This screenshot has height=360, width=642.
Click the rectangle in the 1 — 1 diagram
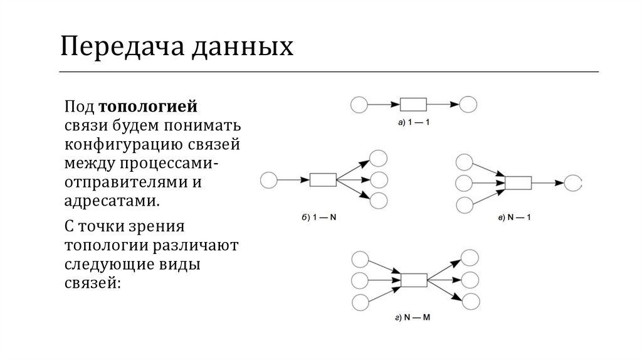[x=413, y=104]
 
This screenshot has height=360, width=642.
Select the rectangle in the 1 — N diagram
[x=323, y=180]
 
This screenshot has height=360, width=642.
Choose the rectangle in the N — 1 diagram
[x=518, y=183]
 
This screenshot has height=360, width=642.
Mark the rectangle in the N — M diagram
[x=413, y=279]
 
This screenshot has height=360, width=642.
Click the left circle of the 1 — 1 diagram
[x=359, y=105]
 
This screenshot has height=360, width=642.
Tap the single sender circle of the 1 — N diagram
[x=268, y=180]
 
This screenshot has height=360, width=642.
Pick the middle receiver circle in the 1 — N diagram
[x=379, y=180]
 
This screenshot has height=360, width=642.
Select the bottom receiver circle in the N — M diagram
[x=469, y=300]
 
